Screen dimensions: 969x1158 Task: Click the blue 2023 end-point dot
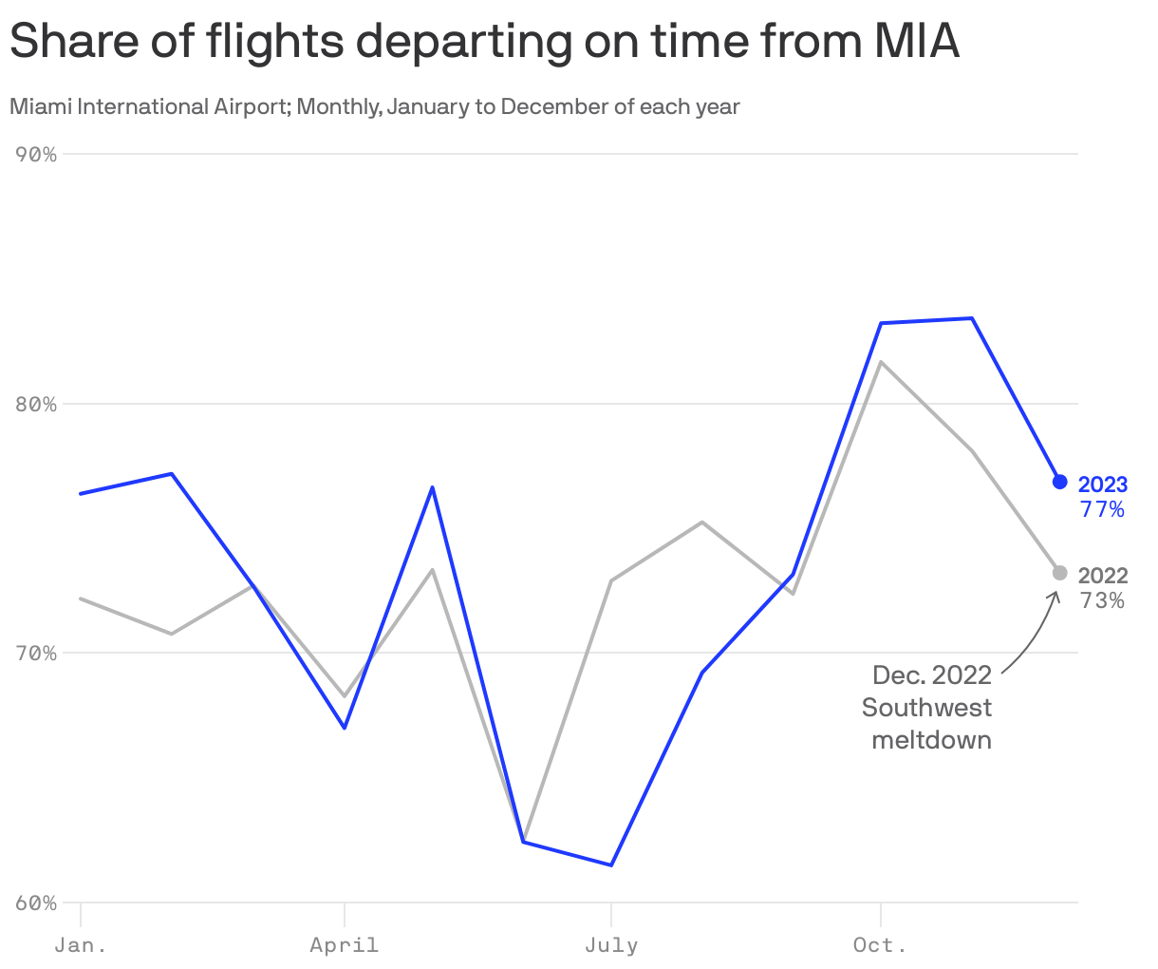1059,482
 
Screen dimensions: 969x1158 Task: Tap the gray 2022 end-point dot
1059,573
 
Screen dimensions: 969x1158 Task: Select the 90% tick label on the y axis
37,154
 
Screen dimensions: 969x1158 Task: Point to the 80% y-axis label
37,404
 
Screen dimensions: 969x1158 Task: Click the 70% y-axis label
37,654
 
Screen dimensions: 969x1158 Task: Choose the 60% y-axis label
37,902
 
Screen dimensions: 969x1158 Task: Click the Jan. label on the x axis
81,945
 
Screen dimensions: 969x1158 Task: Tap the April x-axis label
344,945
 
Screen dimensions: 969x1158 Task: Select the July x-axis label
611,945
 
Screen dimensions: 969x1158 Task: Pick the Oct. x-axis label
880,945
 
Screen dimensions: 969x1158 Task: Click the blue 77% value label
1102,510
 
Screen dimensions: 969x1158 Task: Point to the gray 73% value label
1102,600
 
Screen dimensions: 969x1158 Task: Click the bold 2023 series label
1103,485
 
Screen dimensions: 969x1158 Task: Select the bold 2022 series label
1103,576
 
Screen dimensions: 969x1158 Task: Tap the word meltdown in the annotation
931,740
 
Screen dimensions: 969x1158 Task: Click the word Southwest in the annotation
926,708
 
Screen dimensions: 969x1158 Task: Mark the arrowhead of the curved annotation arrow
1054,595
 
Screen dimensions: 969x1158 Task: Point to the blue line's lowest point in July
611,864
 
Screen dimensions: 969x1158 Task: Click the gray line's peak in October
882,362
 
